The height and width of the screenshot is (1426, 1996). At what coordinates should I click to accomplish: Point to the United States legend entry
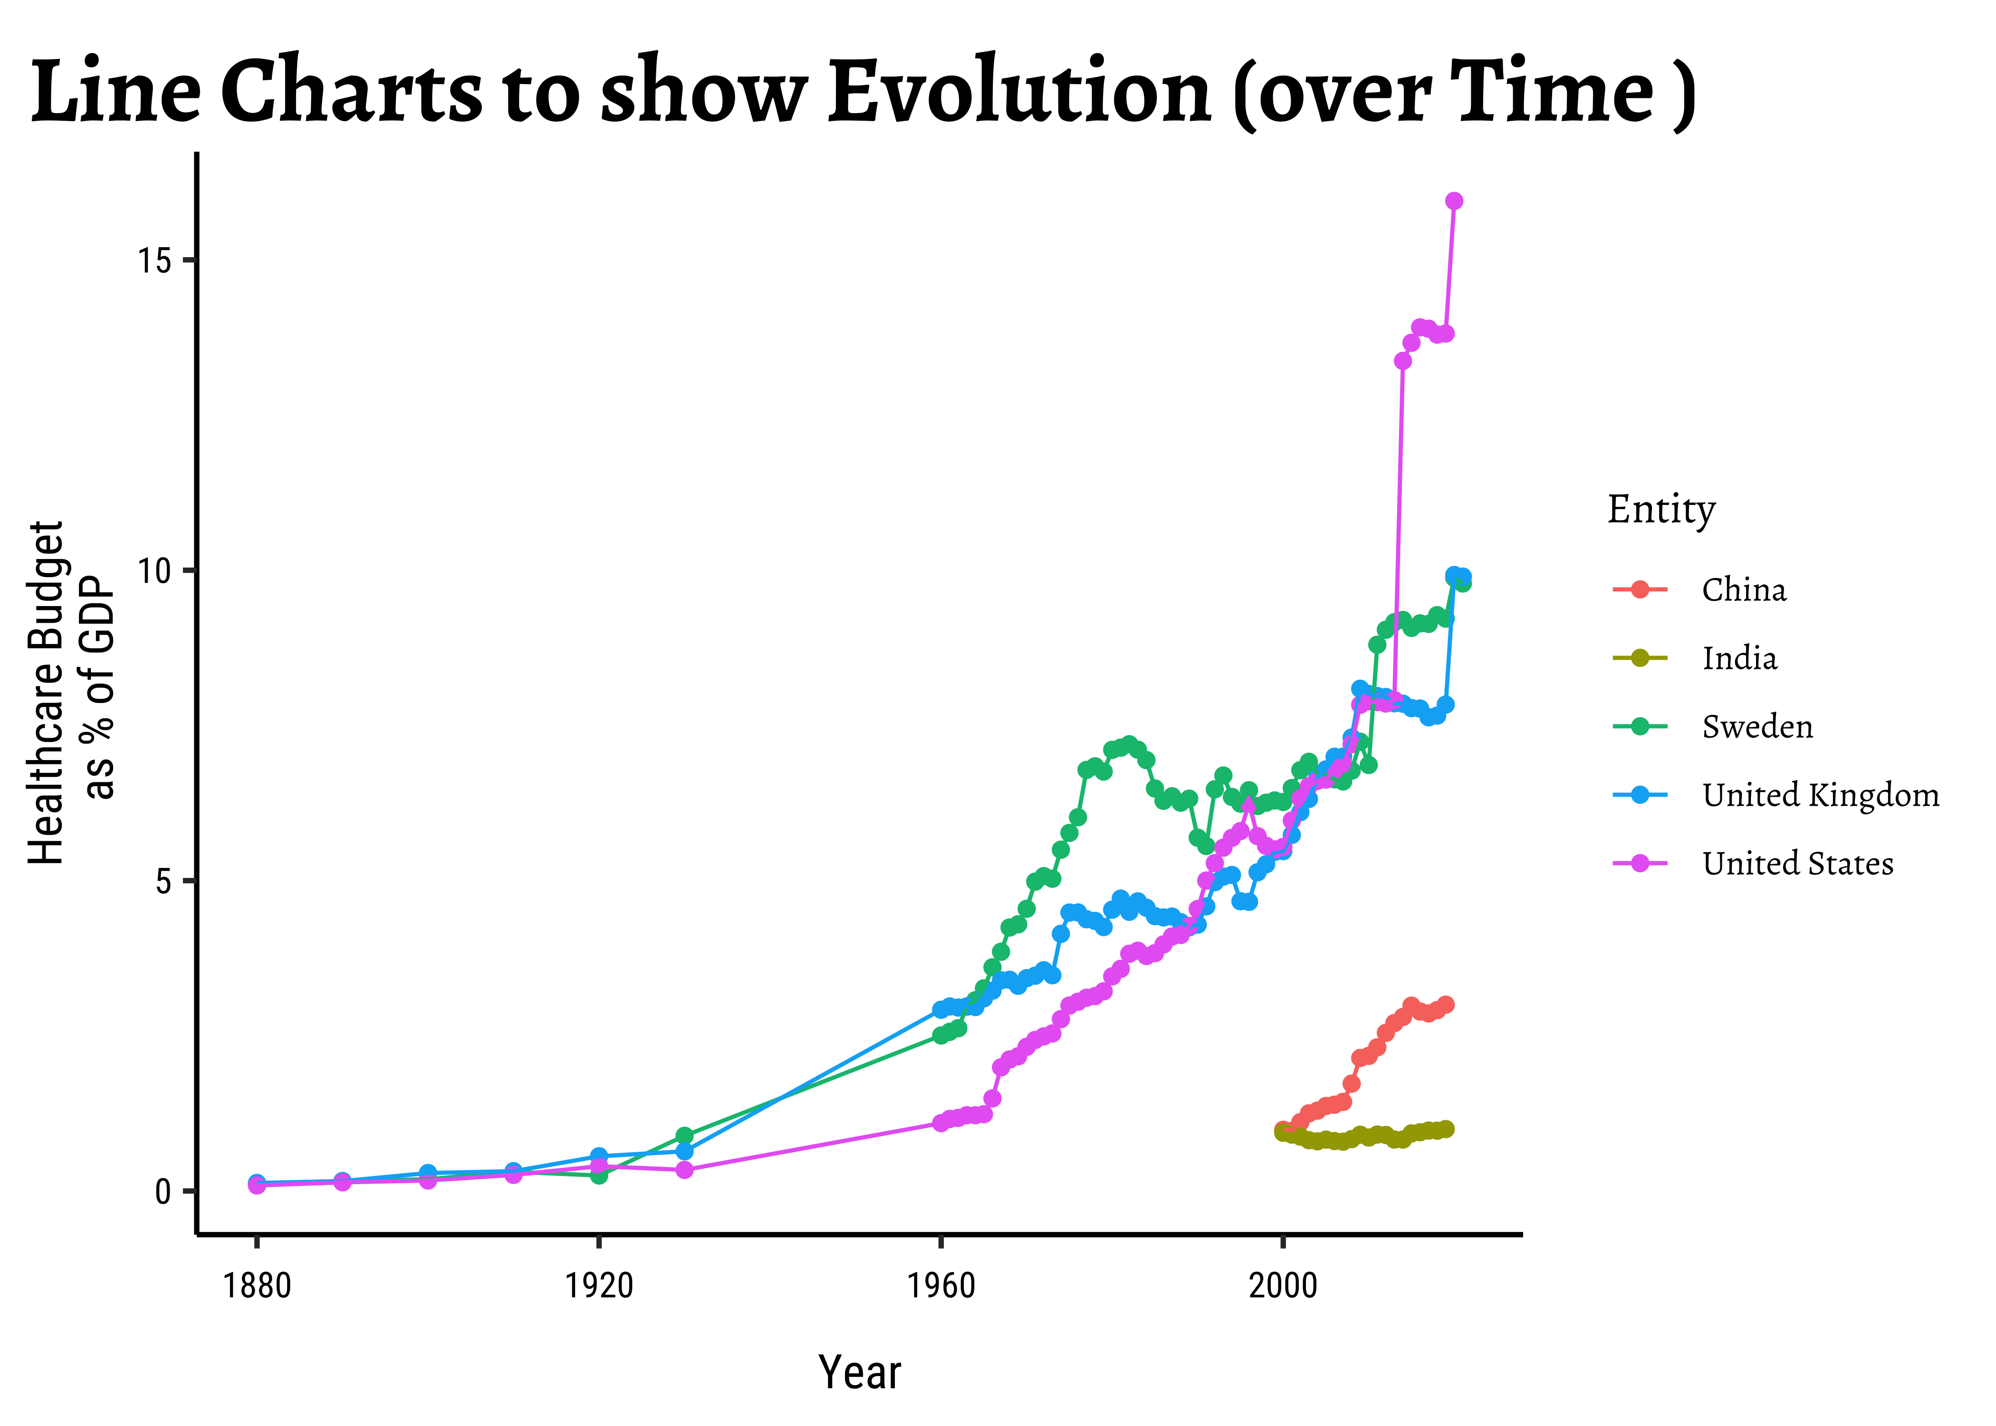[1797, 863]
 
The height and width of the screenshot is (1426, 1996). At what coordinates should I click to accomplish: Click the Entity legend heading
[1660, 509]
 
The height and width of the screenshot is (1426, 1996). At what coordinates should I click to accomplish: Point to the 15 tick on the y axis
[155, 261]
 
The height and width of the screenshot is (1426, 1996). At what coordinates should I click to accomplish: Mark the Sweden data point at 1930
[685, 1136]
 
